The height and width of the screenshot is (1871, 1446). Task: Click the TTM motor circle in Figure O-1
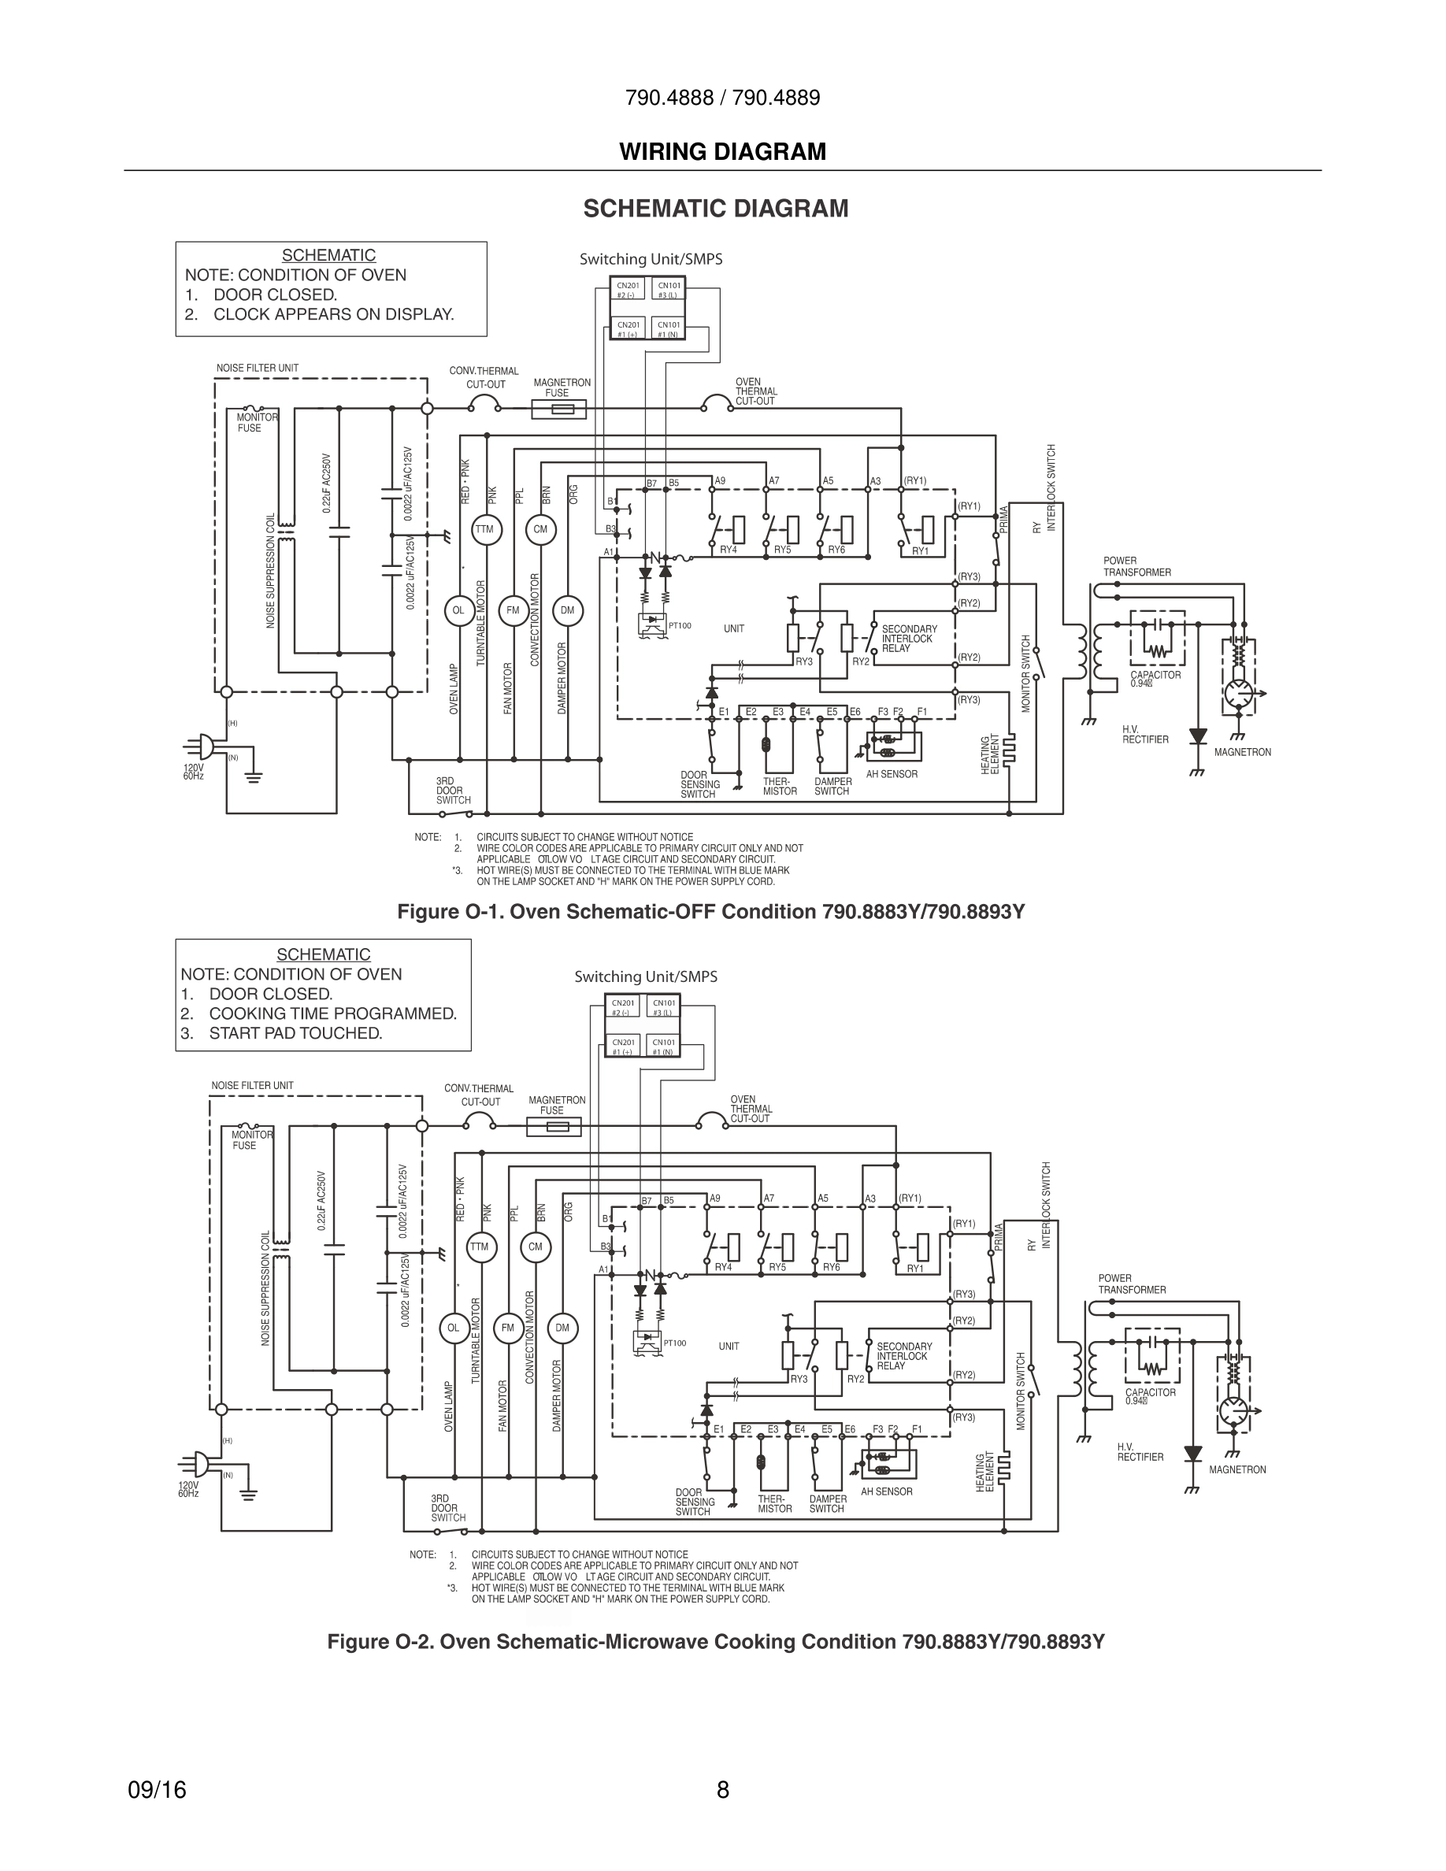coord(485,529)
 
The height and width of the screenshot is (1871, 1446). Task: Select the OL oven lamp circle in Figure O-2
coord(453,1328)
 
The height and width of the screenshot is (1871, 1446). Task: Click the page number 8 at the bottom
coord(722,1790)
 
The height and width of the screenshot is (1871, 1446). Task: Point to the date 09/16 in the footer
coord(157,1790)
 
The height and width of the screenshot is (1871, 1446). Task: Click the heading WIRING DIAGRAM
coord(722,152)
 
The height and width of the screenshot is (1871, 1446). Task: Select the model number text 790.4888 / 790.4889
coord(722,98)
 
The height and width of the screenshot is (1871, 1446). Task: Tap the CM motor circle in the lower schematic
coord(536,1247)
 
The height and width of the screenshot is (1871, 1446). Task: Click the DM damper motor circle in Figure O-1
coord(567,611)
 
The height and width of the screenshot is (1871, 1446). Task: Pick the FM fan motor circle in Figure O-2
coord(508,1328)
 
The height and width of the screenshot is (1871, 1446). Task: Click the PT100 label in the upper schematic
coord(680,626)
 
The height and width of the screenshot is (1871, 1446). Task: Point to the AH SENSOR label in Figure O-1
coord(891,774)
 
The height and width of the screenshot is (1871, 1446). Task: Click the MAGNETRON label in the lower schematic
coord(1237,1470)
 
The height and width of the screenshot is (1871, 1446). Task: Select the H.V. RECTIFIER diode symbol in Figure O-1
coord(1198,737)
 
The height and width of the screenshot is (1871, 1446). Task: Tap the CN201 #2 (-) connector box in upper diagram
coord(628,290)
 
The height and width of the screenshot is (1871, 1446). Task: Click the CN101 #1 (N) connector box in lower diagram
coord(663,1046)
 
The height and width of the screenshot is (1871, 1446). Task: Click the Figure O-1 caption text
coord(710,912)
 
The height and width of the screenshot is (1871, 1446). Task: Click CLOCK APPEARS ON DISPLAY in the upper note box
coord(333,314)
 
